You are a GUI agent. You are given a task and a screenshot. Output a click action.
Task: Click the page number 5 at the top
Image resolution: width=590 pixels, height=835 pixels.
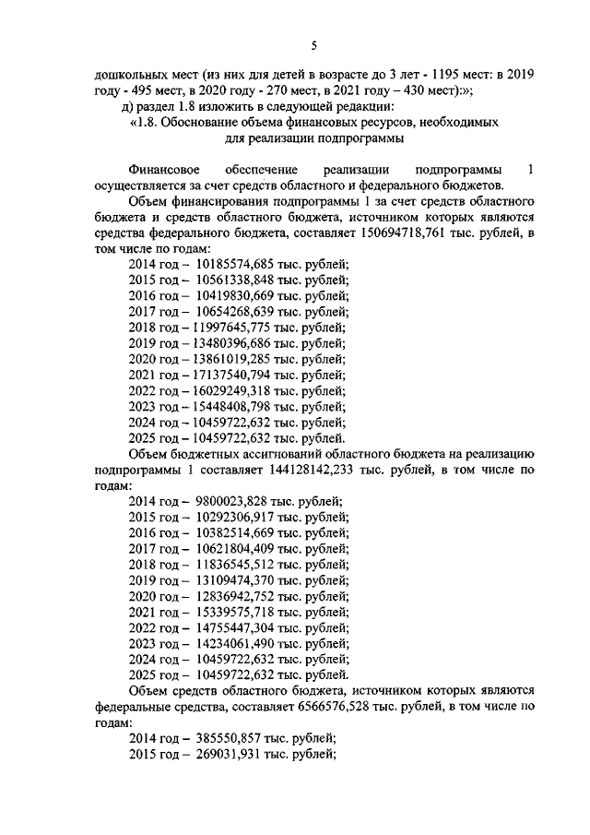click(x=313, y=46)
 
